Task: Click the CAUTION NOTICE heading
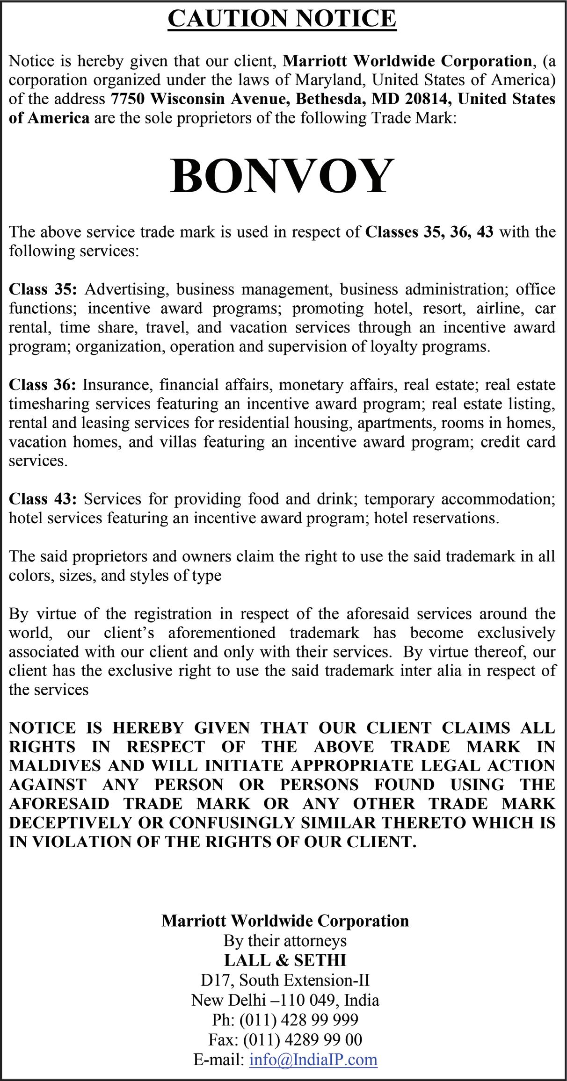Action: [282, 19]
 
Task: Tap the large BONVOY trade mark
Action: [282, 176]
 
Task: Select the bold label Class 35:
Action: [42, 289]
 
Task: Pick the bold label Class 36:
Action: [42, 385]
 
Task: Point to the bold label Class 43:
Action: [42, 499]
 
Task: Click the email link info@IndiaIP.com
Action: [313, 1058]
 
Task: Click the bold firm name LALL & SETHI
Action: [285, 960]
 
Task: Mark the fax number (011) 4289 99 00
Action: [302, 1039]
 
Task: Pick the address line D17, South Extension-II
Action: [285, 980]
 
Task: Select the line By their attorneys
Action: [285, 940]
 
